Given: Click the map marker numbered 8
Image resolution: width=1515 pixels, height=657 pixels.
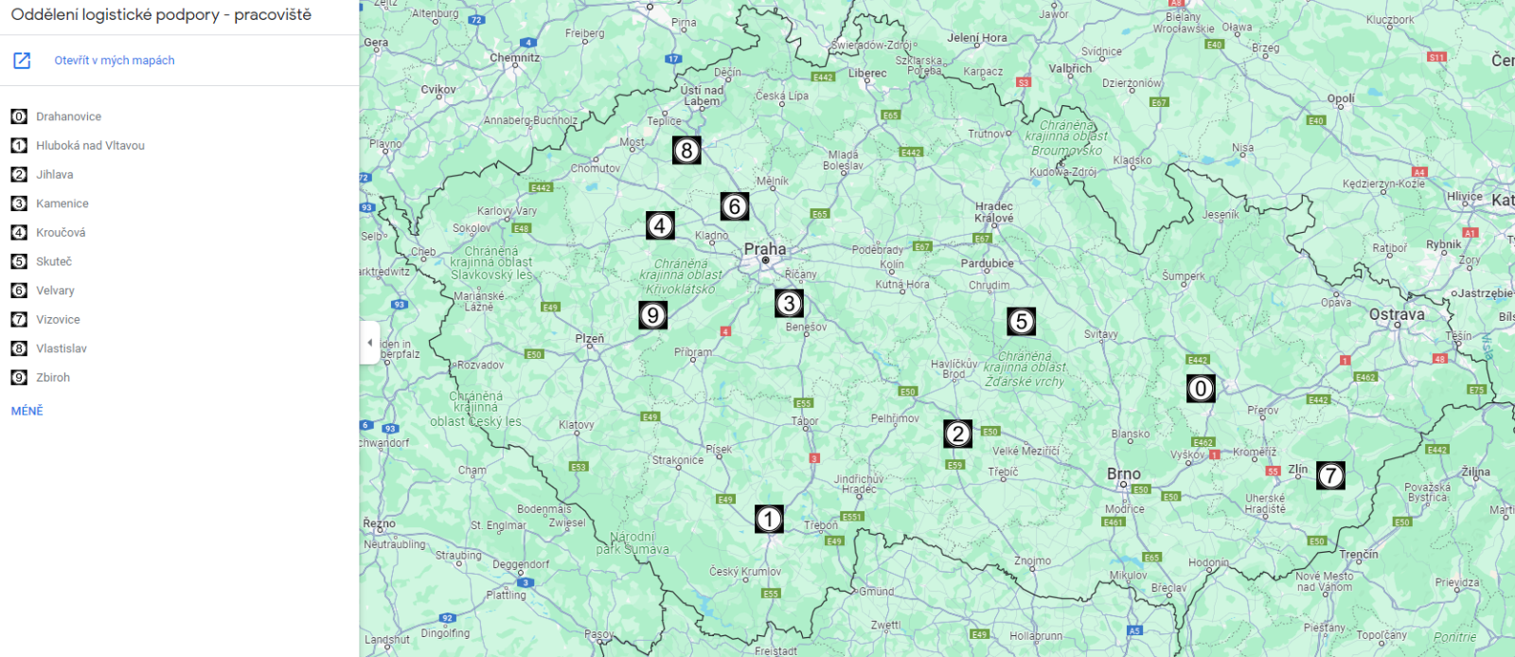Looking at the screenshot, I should point(686,151).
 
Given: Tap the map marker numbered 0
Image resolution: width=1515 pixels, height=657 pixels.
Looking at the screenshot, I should point(1201,388).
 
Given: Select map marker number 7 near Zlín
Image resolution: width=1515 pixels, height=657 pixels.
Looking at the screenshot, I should point(1330,475).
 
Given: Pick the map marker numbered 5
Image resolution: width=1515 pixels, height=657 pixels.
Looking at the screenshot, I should point(1021,322).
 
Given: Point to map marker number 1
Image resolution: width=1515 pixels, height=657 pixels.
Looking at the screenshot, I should point(769,519).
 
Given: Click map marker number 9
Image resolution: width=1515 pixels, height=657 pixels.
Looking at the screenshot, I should point(652,315).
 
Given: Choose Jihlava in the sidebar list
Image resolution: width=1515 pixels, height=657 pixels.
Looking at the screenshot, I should point(54,174).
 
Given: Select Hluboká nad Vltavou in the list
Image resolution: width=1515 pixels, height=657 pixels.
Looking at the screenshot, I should point(90,146).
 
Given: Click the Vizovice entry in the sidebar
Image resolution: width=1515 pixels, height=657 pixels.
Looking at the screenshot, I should point(58,320).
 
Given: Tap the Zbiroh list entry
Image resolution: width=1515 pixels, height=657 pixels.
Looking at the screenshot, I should point(53,378).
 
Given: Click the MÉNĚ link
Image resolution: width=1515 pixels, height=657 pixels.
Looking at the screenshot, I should point(27,411).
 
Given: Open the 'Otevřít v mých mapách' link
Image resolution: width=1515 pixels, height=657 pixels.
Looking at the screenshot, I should point(114,61).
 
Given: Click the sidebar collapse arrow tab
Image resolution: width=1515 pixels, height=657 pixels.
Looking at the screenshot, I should point(369,343).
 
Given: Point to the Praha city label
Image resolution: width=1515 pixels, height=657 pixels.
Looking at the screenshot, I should point(764,249).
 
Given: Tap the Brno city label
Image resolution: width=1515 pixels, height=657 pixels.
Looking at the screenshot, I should point(1124,473).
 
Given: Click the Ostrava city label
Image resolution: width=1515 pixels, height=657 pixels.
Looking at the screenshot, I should point(1397,314).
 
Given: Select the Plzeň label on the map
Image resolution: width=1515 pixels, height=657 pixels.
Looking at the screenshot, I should point(589,338).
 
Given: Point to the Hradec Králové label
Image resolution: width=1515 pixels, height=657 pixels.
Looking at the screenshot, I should point(993,212).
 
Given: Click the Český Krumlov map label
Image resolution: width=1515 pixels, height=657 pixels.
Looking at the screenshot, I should point(745,572).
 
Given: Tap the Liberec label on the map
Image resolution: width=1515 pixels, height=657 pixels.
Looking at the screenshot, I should point(867,73).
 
